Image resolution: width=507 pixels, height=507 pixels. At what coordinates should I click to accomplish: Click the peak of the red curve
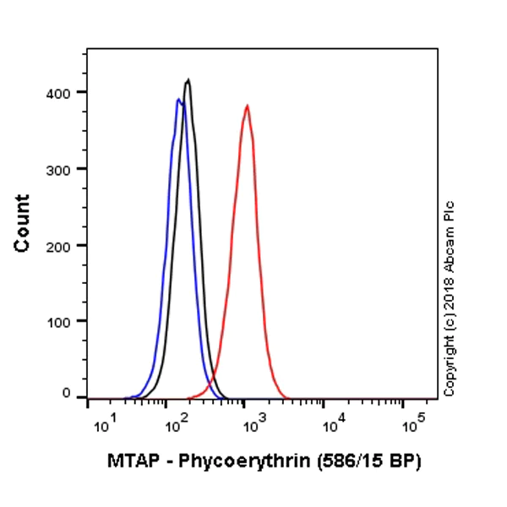247,106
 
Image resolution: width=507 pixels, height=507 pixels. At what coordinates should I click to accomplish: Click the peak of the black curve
188,80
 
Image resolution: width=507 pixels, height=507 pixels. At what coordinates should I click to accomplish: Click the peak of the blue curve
178,100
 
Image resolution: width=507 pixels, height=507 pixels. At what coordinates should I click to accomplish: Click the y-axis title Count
23,223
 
